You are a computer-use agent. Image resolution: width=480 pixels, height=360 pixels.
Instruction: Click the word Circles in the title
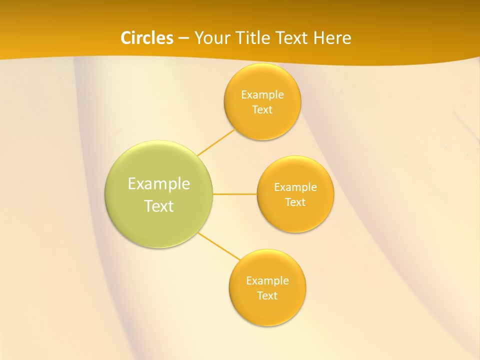click(146, 38)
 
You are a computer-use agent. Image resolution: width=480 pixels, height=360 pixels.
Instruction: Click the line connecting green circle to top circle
click(216, 142)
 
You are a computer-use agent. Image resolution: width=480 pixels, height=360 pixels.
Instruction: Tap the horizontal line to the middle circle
click(234, 194)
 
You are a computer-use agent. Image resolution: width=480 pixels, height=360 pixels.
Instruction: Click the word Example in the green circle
click(159, 184)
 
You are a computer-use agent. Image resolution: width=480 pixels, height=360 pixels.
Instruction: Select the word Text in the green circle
click(159, 206)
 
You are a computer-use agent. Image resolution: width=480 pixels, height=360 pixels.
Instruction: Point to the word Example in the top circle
click(262, 95)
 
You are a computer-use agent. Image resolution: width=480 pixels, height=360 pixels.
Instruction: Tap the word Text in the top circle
click(262, 110)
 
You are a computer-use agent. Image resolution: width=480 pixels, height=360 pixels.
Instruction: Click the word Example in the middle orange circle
click(295, 187)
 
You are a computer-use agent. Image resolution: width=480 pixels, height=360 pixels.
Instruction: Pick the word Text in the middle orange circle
click(295, 202)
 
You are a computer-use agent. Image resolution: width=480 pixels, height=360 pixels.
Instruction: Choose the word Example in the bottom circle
click(267, 281)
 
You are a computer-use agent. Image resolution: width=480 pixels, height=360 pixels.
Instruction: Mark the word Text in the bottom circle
click(267, 296)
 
